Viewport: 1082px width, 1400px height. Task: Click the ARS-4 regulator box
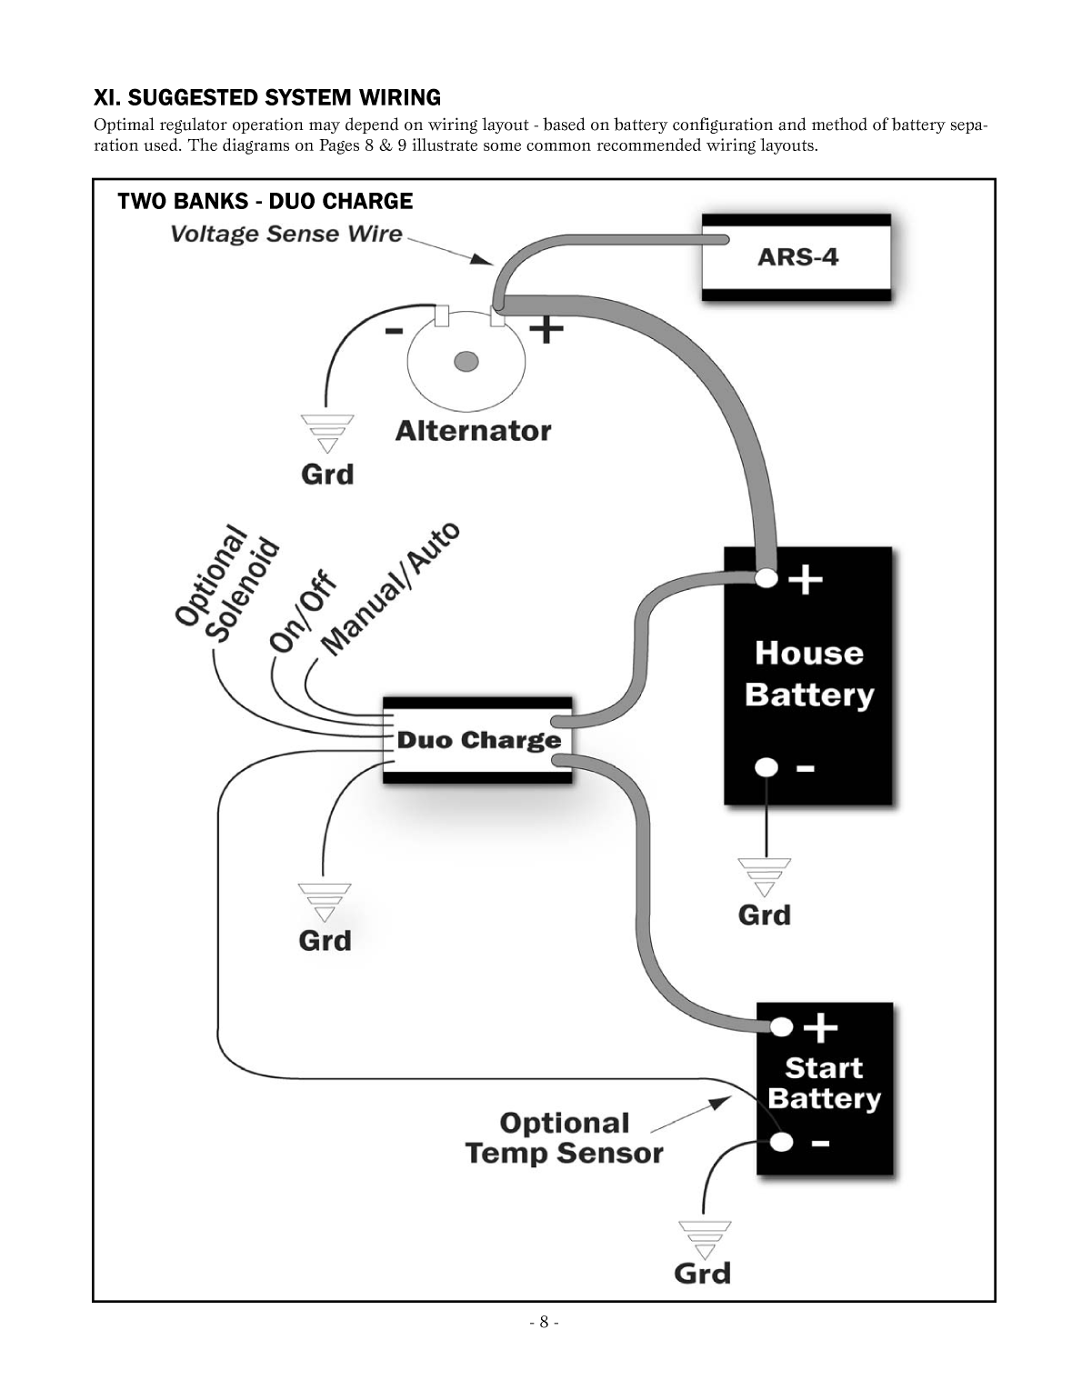tap(796, 257)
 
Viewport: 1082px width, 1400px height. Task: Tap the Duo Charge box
tap(478, 740)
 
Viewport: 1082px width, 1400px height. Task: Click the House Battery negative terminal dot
tap(766, 767)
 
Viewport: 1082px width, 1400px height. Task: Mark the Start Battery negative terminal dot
tap(781, 1142)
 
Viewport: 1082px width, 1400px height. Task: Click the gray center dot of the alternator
tap(466, 362)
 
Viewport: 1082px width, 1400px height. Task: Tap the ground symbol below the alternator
tap(327, 433)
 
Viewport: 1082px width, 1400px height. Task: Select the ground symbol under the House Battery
tap(765, 876)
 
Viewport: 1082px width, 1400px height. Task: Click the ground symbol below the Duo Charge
tap(325, 901)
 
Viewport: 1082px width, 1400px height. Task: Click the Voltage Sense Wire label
tap(286, 234)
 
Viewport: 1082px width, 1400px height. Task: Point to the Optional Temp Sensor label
tap(564, 1138)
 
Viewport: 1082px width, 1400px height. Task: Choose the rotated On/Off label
tap(303, 611)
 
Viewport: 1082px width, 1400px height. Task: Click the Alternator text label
tap(473, 431)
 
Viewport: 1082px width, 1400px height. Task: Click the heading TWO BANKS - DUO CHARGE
tap(265, 201)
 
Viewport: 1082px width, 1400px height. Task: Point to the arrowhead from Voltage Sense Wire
tap(481, 259)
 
